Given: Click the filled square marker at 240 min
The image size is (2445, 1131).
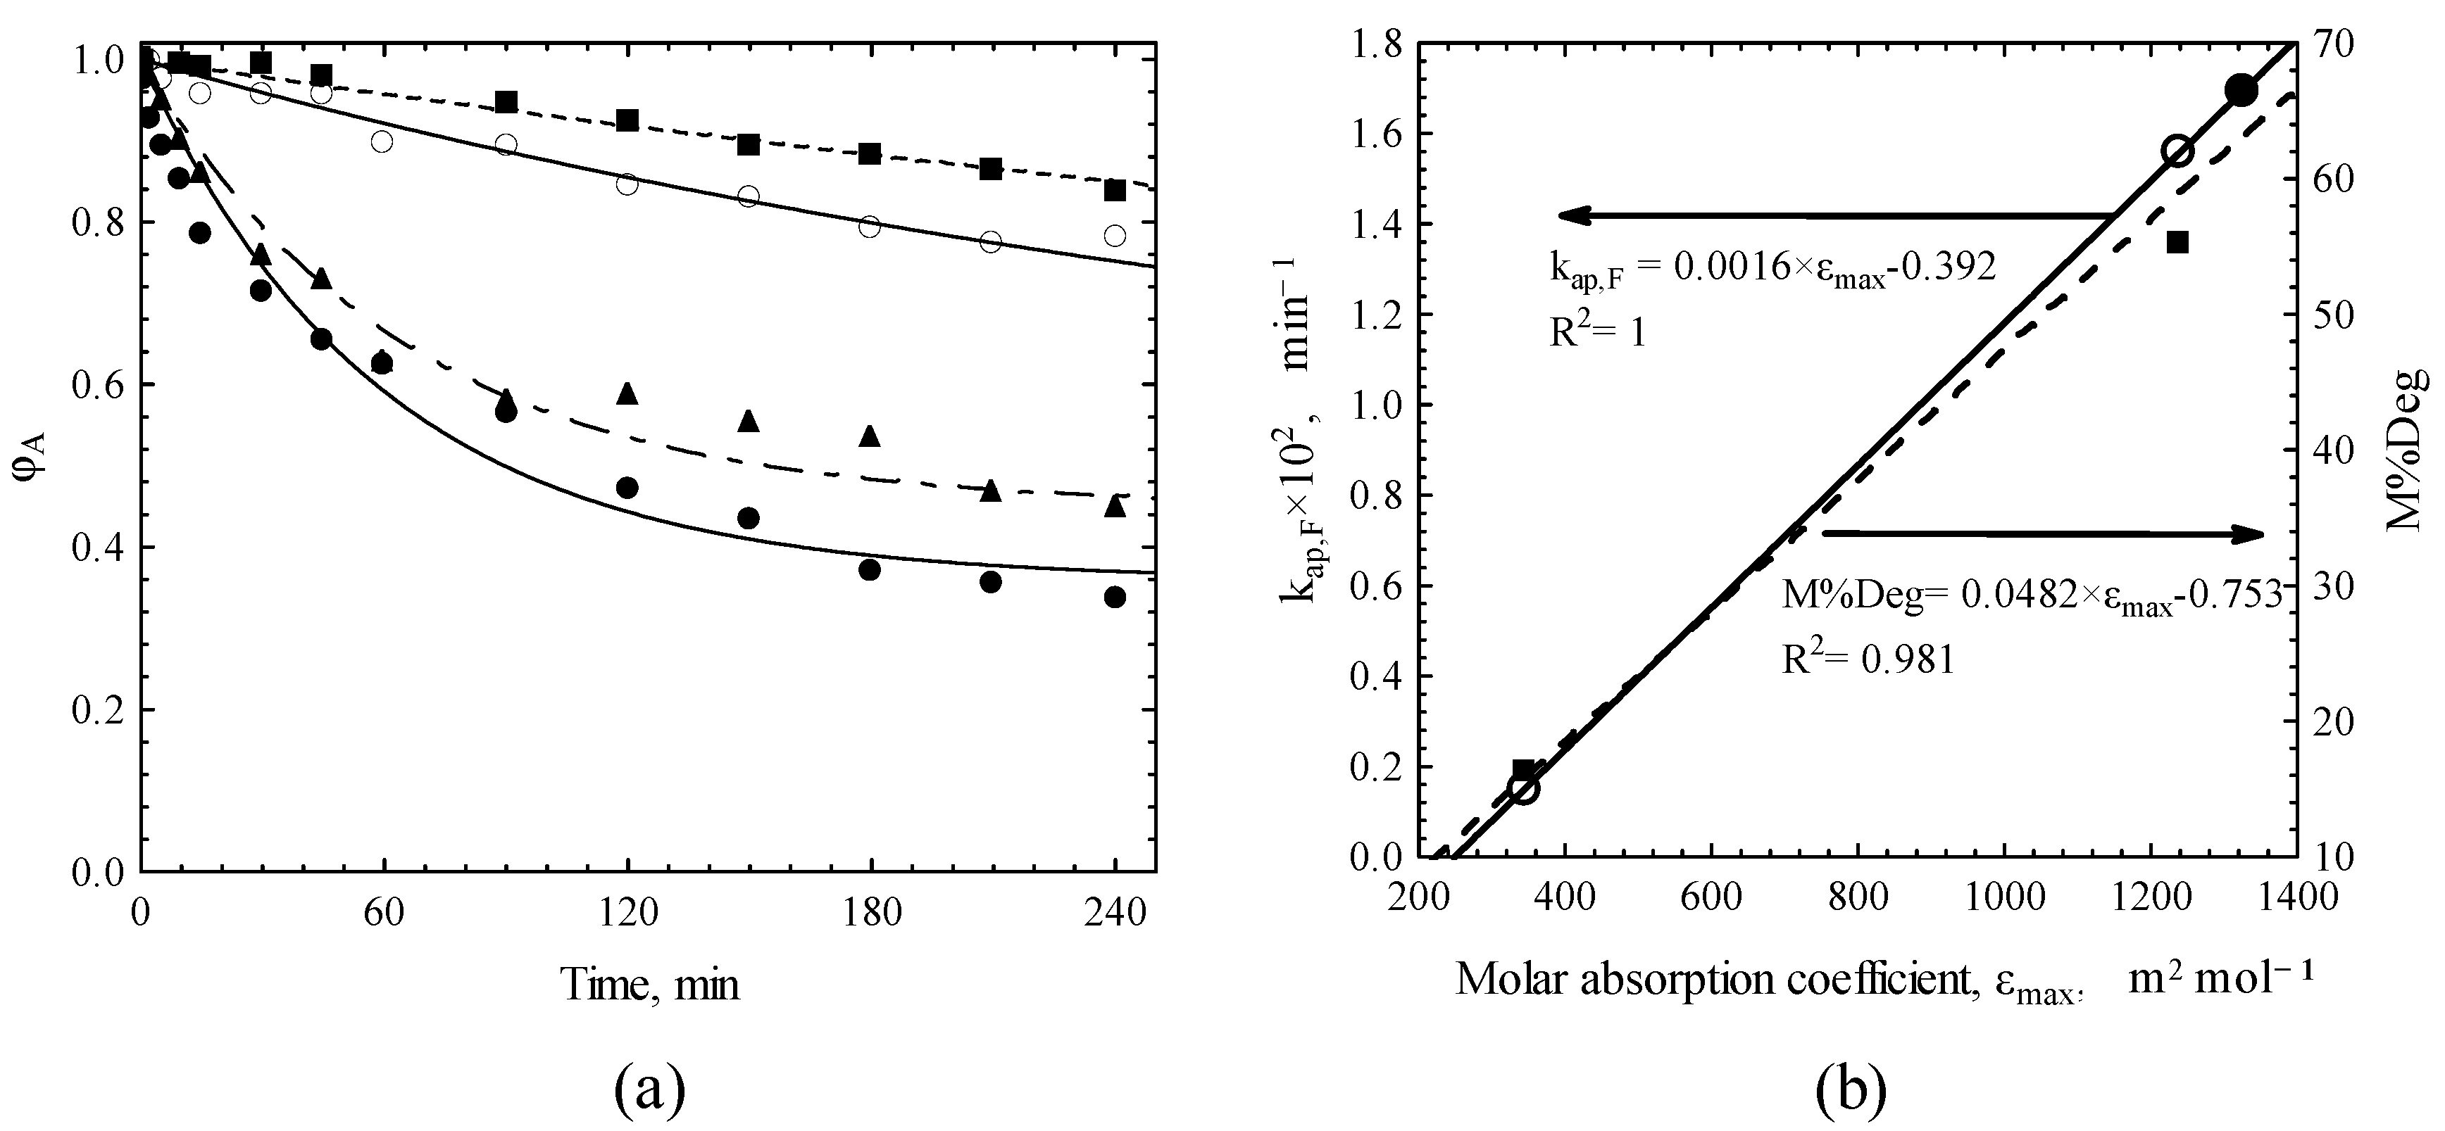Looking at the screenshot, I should point(1115,191).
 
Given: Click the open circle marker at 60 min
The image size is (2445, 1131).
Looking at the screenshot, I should point(382,141).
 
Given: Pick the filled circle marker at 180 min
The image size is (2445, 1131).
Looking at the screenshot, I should point(870,570).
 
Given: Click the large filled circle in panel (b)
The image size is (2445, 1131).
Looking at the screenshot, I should point(2241,91).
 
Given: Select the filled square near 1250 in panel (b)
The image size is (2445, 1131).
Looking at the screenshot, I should point(2177,243).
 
